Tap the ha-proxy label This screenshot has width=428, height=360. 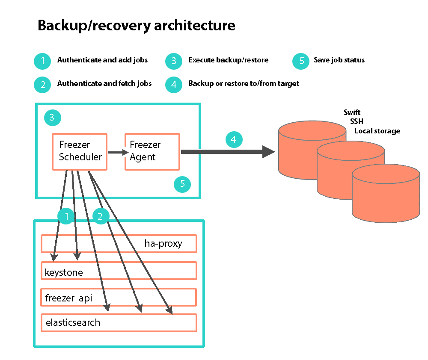coord(163,244)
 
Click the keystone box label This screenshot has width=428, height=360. coord(64,272)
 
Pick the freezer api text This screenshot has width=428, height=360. coord(68,298)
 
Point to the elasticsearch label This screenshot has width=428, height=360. coord(73,323)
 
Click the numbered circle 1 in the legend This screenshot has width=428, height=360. coord(43,61)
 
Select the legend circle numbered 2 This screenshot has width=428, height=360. coord(43,84)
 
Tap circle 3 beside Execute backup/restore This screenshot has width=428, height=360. coord(174,61)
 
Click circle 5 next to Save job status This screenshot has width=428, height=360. coord(301,61)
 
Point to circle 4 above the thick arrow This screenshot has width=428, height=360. coord(233,140)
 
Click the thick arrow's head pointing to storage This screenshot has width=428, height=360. coord(269,152)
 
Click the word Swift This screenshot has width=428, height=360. coord(352,113)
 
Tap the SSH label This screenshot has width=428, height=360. coord(357,122)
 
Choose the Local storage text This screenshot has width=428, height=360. coord(377,131)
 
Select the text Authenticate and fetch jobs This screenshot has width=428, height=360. coord(104,83)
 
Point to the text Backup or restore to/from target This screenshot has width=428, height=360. coord(244,83)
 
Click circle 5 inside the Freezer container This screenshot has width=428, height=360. coord(182,184)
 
